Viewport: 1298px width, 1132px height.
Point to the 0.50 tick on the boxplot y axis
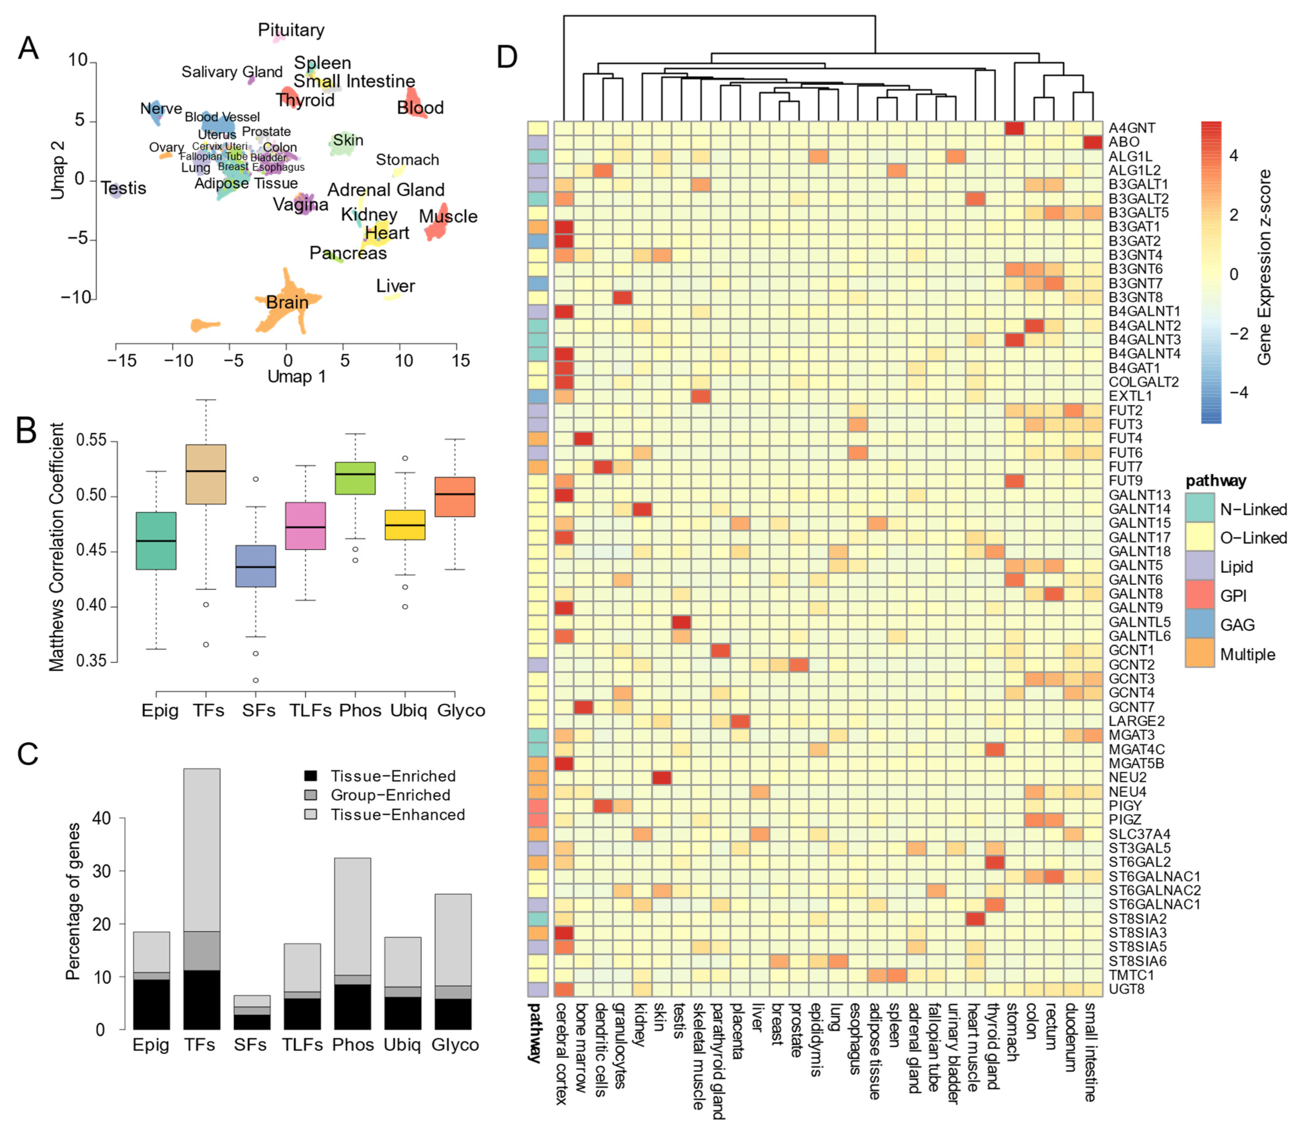(95, 496)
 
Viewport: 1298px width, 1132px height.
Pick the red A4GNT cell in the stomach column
(1014, 128)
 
